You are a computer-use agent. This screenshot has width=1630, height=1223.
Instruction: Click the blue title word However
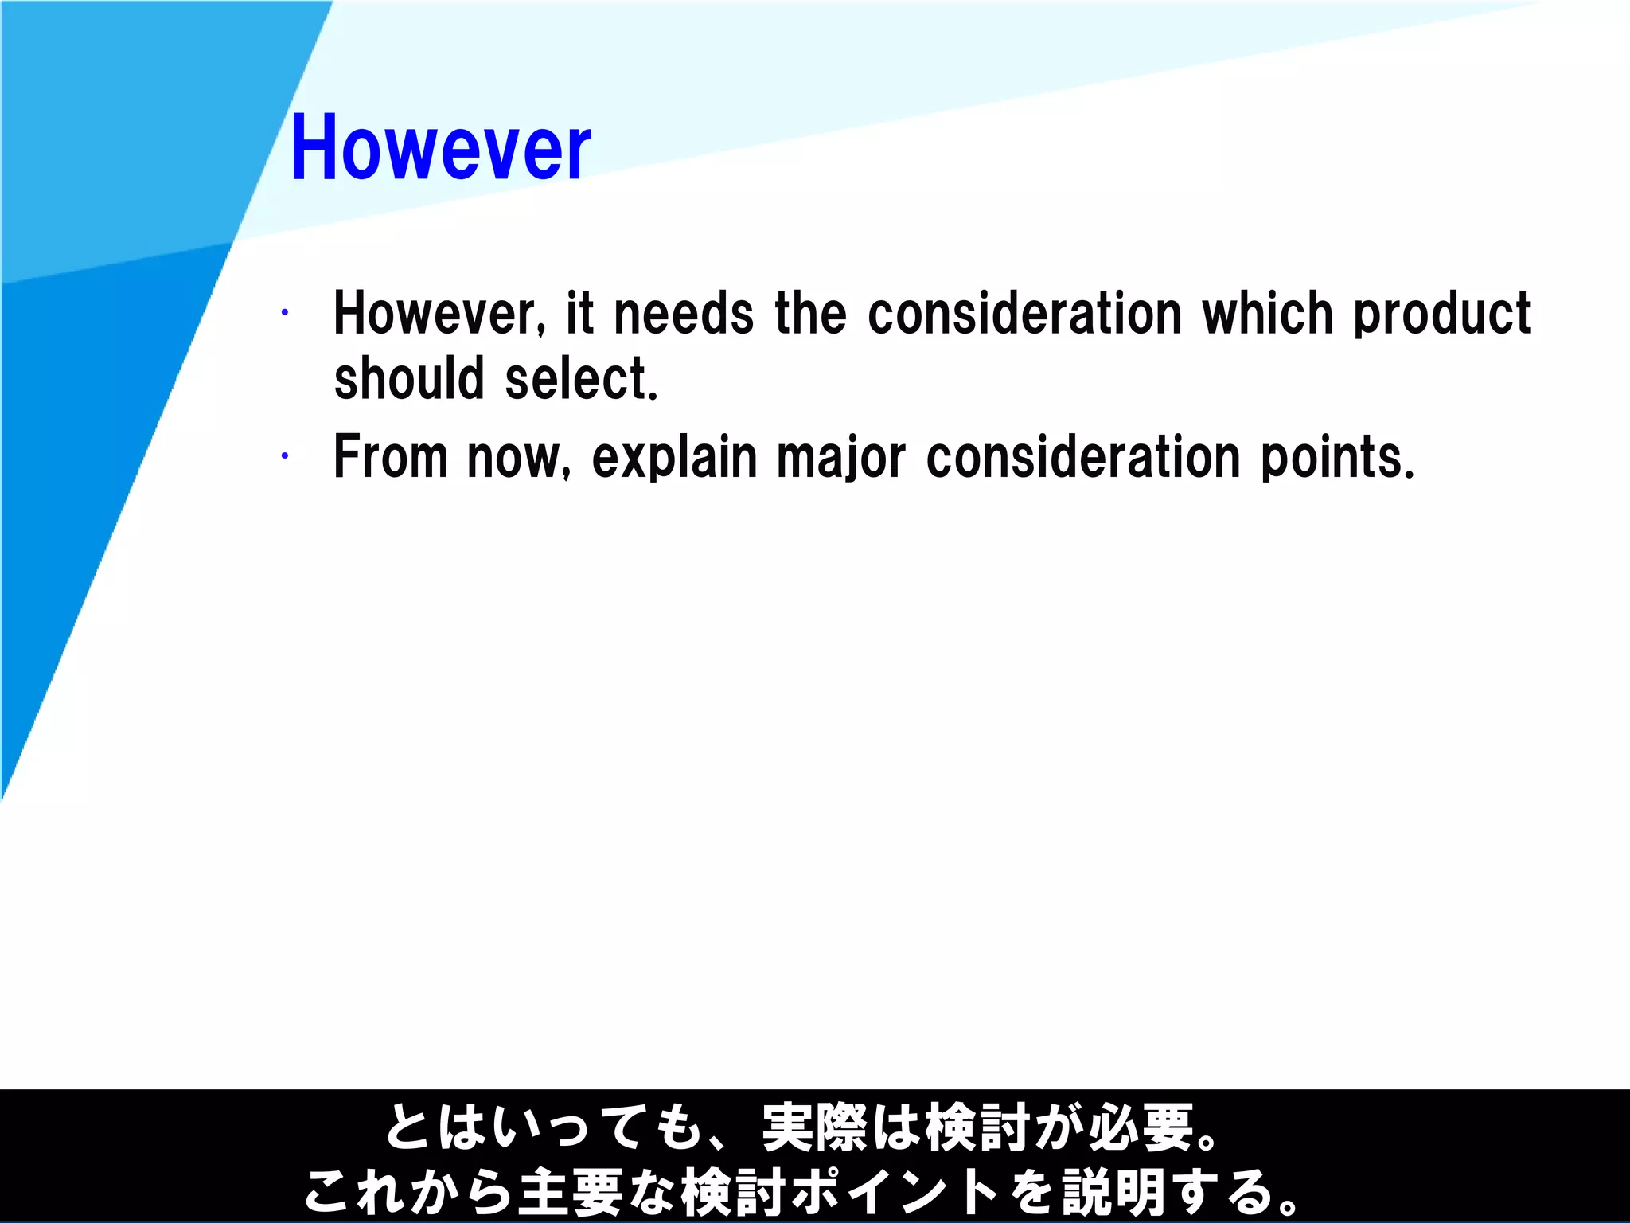tap(440, 147)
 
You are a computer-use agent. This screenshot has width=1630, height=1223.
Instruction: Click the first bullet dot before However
tap(284, 313)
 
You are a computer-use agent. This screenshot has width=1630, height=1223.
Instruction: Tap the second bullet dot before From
tap(284, 456)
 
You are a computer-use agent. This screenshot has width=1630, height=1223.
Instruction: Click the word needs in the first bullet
tap(684, 313)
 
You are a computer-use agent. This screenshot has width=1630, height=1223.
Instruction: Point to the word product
tap(1441, 315)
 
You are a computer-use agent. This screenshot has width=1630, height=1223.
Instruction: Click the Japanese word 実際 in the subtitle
tap(814, 1127)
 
